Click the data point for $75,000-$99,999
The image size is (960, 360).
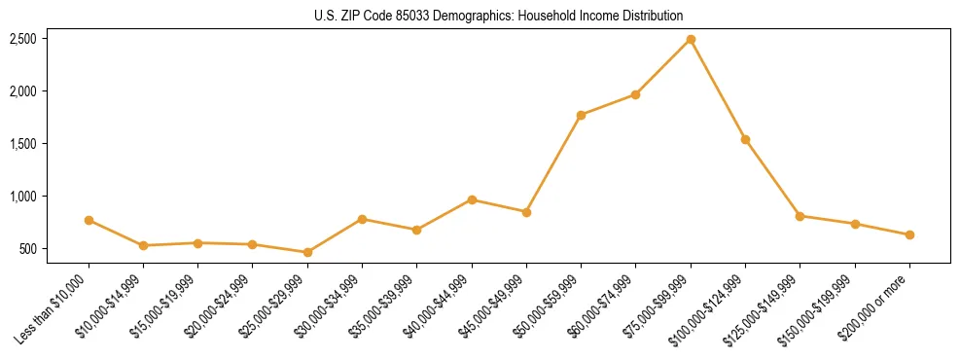691,40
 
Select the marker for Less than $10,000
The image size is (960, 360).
89,221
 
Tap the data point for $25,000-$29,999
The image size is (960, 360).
307,253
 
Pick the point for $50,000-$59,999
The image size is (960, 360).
581,116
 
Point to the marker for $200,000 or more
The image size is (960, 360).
909,235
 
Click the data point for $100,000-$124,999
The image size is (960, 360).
745,140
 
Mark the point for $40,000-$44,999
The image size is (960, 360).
472,200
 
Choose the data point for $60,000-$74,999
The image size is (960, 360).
635,94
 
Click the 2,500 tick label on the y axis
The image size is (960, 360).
23,39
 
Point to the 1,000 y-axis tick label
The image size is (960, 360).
23,197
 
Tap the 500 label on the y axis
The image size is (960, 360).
28,249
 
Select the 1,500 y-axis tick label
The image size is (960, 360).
23,144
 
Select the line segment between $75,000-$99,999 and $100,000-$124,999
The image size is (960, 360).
718,90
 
